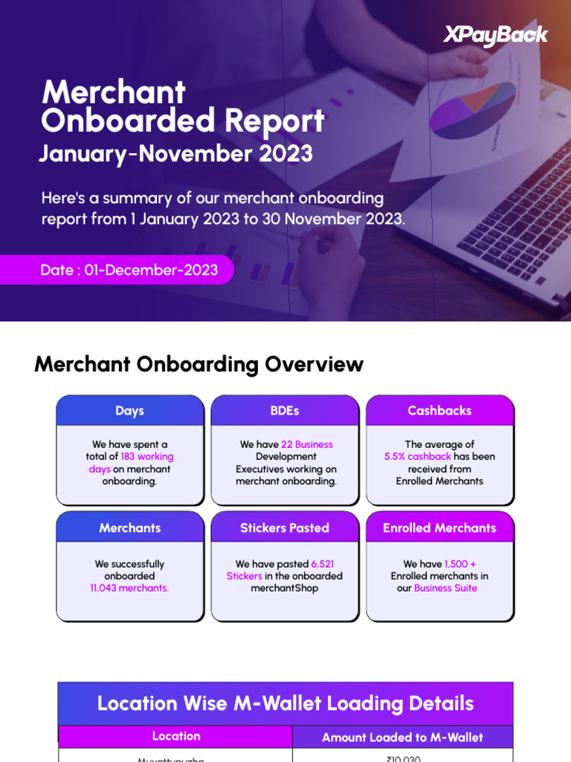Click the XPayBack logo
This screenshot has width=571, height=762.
[x=495, y=34]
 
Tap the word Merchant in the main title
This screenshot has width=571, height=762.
[x=114, y=92]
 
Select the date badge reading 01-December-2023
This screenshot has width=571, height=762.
[x=129, y=269]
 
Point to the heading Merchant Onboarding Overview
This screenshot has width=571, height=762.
[x=199, y=365]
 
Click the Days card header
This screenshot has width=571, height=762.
[x=129, y=411]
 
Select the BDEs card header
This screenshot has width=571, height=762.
[x=285, y=411]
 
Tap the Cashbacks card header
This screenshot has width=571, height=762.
[x=439, y=411]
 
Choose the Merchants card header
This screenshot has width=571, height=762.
[x=129, y=528]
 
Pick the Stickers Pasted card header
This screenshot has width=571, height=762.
[x=285, y=528]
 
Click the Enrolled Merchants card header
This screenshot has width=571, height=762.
[x=439, y=528]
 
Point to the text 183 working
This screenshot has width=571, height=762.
[x=146, y=457]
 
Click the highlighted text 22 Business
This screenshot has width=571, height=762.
[x=307, y=444]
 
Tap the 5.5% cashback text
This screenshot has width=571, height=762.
[x=417, y=457]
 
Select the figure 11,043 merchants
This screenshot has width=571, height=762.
[x=129, y=588]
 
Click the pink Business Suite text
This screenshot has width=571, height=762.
[x=445, y=588]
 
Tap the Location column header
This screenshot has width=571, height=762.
[x=176, y=736]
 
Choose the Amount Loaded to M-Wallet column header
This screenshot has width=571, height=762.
[x=402, y=737]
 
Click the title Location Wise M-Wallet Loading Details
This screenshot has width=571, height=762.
[x=285, y=703]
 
